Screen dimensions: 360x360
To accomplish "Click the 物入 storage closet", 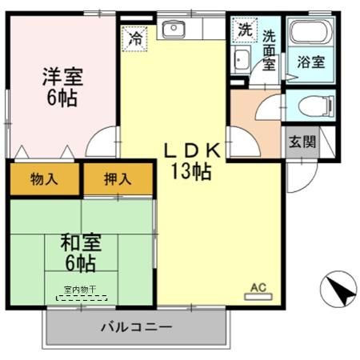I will coord(45,178).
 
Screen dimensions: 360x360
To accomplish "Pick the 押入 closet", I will coord(117,178).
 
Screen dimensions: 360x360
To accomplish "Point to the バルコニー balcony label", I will coord(136,327).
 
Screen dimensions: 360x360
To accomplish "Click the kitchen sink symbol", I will coord(173,30).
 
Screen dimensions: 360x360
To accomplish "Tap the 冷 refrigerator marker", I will coord(136,38).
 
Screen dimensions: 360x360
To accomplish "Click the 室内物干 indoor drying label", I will coord(82,290).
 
